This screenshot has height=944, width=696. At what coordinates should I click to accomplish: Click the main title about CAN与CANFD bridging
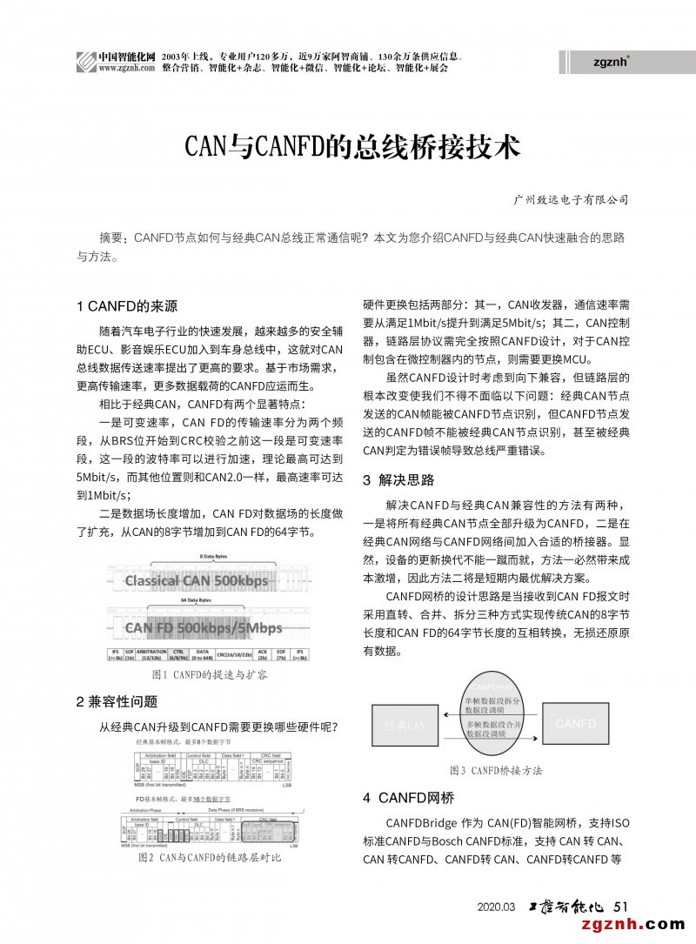click(353, 145)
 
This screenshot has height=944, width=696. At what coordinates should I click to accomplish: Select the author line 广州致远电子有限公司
click(571, 200)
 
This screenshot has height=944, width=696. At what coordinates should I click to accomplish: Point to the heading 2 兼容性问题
click(117, 701)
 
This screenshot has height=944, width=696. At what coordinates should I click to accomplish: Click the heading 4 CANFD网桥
click(408, 797)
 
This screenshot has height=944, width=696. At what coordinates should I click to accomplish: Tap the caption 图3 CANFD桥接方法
click(496, 771)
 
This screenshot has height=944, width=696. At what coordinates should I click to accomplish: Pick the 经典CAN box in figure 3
click(405, 725)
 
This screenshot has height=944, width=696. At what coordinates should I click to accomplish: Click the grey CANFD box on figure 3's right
click(576, 724)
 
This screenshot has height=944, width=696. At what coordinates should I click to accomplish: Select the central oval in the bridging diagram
click(492, 713)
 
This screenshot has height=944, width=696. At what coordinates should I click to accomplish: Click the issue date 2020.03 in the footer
click(497, 907)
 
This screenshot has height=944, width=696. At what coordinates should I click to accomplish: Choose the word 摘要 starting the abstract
click(113, 238)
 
